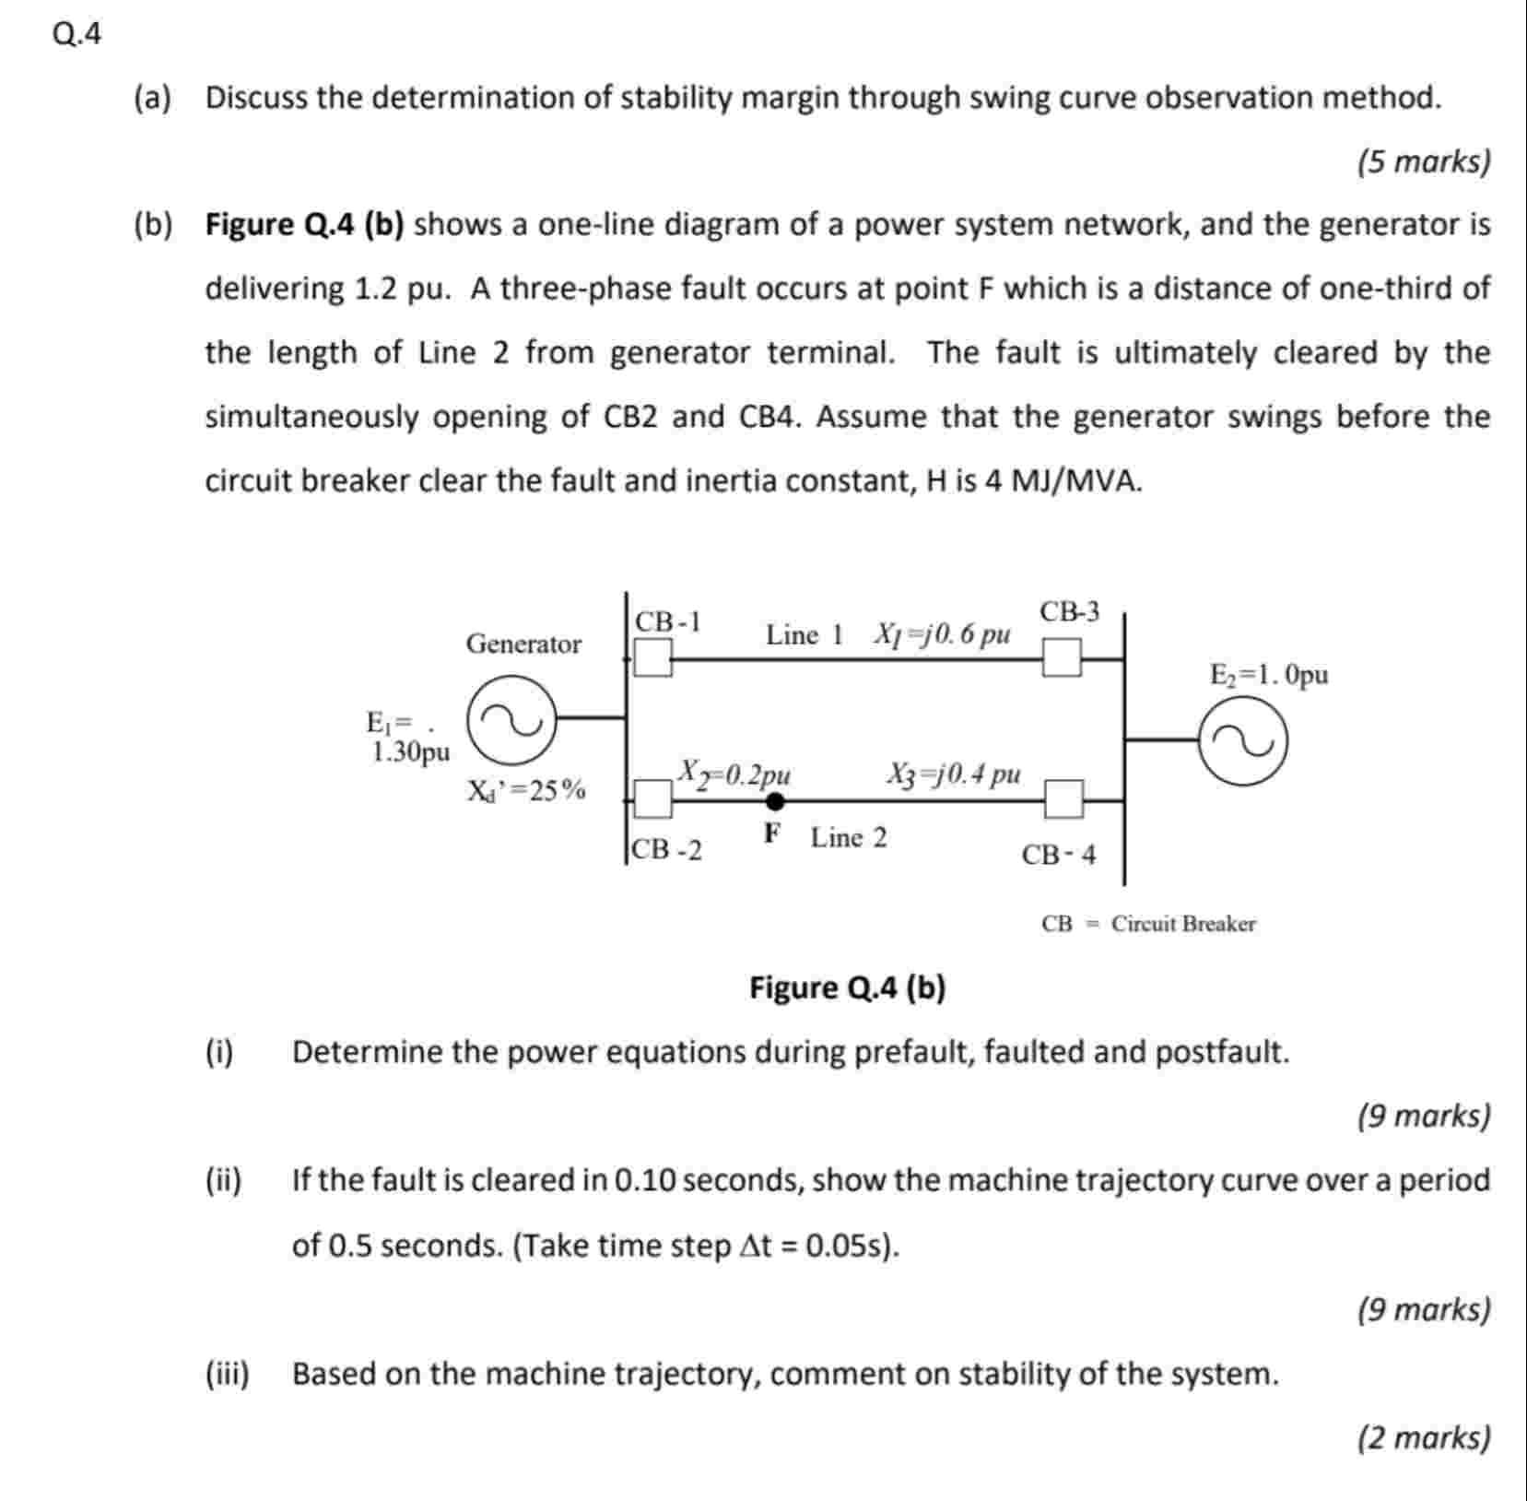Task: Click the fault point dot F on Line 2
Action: point(776,801)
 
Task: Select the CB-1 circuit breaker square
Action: point(653,658)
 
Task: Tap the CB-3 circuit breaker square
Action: point(1062,658)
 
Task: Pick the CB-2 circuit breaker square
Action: point(653,799)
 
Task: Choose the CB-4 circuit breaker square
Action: point(1064,799)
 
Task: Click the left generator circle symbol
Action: point(512,720)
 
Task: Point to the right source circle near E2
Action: point(1243,740)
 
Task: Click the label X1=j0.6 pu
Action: point(942,634)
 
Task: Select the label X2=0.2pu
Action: point(734,772)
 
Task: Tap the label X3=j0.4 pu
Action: point(953,773)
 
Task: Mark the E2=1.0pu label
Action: point(1269,675)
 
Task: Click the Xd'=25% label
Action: point(526,790)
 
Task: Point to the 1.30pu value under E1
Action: point(411,752)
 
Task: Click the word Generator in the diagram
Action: point(523,644)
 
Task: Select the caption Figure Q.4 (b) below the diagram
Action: point(847,987)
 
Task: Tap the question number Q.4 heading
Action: point(77,34)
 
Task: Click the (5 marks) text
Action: point(1423,161)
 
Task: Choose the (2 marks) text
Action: point(1423,1437)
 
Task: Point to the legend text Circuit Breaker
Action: point(1182,923)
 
